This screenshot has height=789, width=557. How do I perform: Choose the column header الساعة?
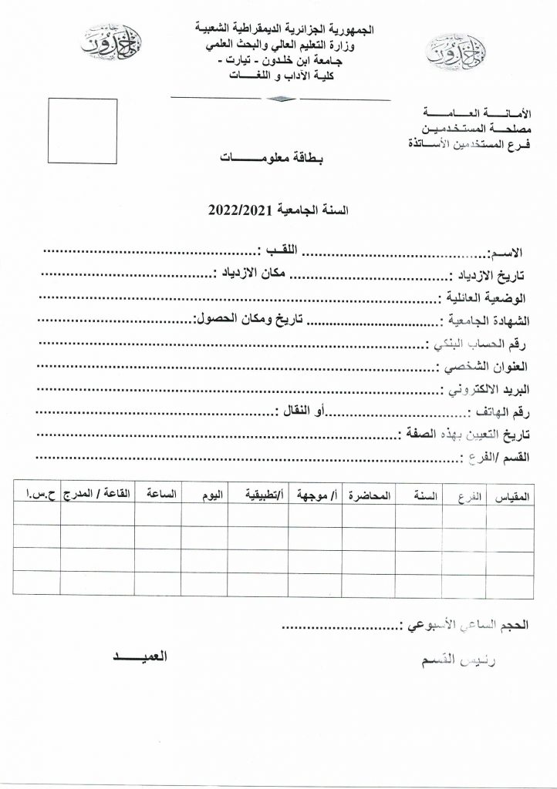(x=160, y=496)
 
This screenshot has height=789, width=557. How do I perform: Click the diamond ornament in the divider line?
(x=278, y=98)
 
